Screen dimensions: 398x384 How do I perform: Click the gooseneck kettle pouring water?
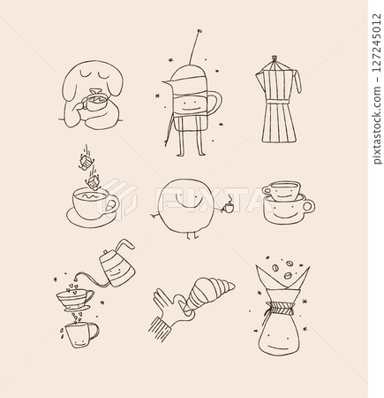(114, 264)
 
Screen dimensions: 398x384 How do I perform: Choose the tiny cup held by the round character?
(227, 209)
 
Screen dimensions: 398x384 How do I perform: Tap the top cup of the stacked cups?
(282, 191)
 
